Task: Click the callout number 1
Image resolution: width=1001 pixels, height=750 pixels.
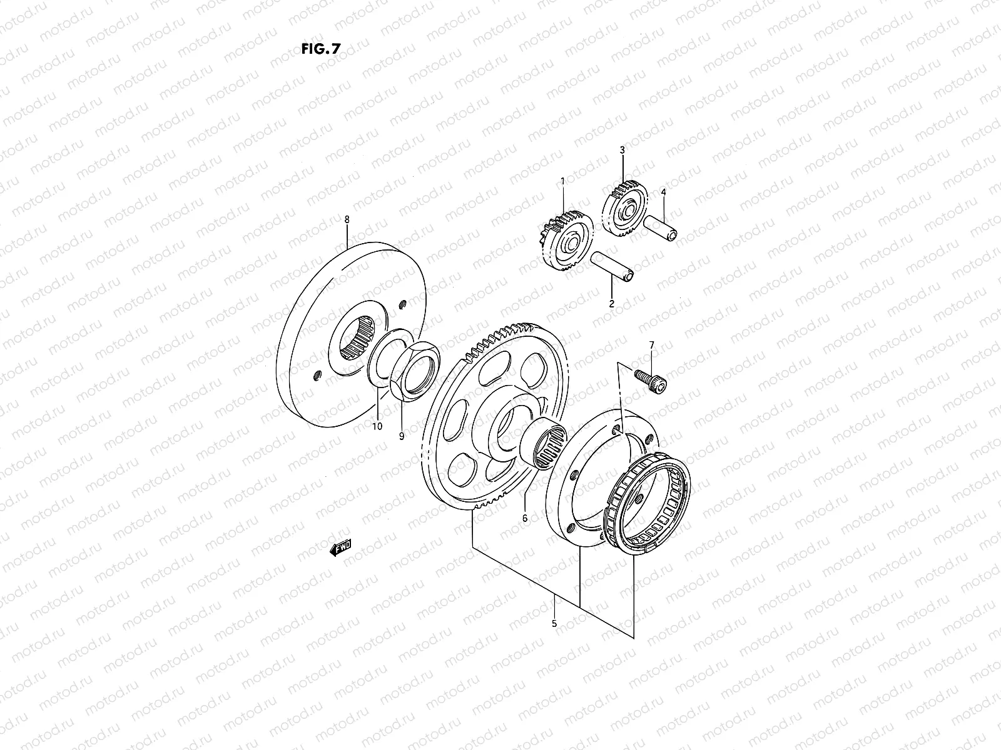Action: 562,181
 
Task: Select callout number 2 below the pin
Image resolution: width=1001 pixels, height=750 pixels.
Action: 611,304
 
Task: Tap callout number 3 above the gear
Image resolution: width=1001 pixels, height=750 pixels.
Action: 622,150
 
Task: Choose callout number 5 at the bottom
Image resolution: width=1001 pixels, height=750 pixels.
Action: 554,623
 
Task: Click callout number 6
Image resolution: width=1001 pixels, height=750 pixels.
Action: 525,518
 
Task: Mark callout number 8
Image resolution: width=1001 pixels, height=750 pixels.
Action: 347,219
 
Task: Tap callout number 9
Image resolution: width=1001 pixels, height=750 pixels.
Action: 402,436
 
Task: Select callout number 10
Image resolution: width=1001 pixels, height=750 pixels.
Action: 377,427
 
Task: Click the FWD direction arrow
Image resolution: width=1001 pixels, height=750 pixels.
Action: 341,547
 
